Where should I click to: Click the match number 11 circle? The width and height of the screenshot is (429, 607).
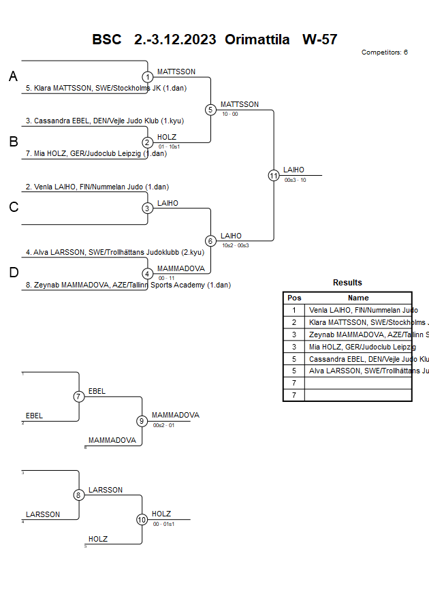point(274,175)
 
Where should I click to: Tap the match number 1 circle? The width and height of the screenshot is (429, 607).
point(148,77)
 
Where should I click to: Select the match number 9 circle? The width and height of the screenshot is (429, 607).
point(142,421)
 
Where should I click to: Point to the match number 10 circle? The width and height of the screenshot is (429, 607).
point(142,520)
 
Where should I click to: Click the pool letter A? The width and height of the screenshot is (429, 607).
point(13,77)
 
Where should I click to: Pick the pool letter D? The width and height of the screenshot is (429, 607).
point(13,273)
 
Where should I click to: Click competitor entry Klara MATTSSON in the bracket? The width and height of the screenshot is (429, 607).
point(106,88)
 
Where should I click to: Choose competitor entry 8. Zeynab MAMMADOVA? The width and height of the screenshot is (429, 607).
point(128,285)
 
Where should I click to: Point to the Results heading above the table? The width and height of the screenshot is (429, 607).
point(347,283)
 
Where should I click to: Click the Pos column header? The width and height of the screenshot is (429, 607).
point(294,298)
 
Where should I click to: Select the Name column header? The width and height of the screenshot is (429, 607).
point(358,298)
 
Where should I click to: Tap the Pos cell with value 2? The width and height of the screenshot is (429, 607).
point(294,322)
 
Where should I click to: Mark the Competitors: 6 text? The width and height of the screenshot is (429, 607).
point(384,52)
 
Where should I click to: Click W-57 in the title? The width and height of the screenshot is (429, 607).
point(320,39)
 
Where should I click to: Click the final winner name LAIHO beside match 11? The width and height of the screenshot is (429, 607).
point(293,170)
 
